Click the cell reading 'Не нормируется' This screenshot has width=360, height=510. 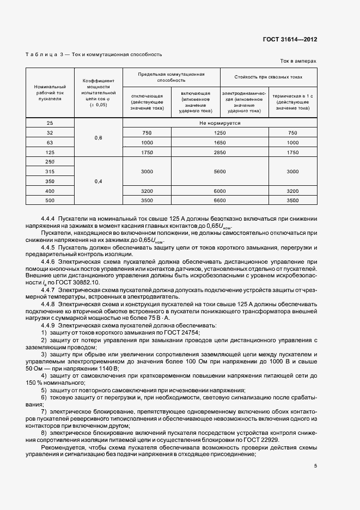click(220, 123)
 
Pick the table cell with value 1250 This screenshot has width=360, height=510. click(220, 133)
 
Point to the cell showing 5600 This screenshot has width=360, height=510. click(220, 172)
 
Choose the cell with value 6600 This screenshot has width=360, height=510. click(220, 201)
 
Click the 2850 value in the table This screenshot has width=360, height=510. click(220, 153)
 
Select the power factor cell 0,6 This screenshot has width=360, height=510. click(99, 138)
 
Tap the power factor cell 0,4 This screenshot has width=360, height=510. click(99, 181)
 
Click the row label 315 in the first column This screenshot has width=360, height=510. click(50, 172)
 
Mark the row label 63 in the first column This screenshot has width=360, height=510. click(50, 143)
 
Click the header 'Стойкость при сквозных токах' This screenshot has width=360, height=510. click(268, 77)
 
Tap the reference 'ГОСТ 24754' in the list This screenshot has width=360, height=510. click(182, 332)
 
